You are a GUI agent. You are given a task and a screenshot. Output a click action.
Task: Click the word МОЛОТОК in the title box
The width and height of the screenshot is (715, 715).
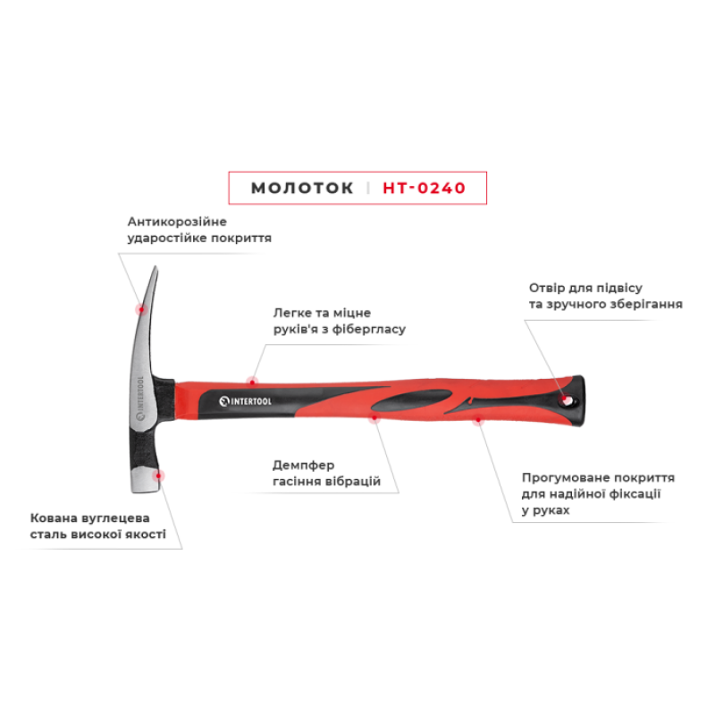(x=302, y=188)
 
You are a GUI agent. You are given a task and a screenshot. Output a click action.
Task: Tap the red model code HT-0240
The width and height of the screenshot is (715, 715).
(x=424, y=188)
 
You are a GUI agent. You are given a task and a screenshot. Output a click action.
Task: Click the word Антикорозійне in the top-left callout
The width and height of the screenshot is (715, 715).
(x=177, y=222)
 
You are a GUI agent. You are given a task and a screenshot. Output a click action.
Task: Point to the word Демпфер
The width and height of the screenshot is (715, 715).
(x=303, y=466)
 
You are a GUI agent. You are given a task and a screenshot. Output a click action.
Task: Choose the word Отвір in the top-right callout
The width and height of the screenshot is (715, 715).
(x=545, y=288)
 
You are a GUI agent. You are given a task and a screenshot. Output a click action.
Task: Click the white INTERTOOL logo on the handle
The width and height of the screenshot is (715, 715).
(x=245, y=401)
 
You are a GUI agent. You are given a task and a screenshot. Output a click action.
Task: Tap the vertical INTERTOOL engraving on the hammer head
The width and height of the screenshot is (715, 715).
(x=140, y=398)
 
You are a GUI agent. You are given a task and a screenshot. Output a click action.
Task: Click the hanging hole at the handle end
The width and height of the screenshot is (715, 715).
(x=568, y=400)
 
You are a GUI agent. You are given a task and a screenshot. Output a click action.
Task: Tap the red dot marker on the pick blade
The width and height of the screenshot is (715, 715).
(x=141, y=309)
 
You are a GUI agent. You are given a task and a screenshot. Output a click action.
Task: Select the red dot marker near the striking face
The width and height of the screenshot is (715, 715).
(x=158, y=475)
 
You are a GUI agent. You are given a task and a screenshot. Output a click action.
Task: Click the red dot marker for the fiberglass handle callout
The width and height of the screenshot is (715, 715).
(x=252, y=383)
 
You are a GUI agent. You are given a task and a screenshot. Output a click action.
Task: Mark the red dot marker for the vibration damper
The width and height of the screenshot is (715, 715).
(x=374, y=417)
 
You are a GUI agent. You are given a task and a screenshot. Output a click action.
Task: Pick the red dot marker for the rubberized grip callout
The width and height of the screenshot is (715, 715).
(x=478, y=419)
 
